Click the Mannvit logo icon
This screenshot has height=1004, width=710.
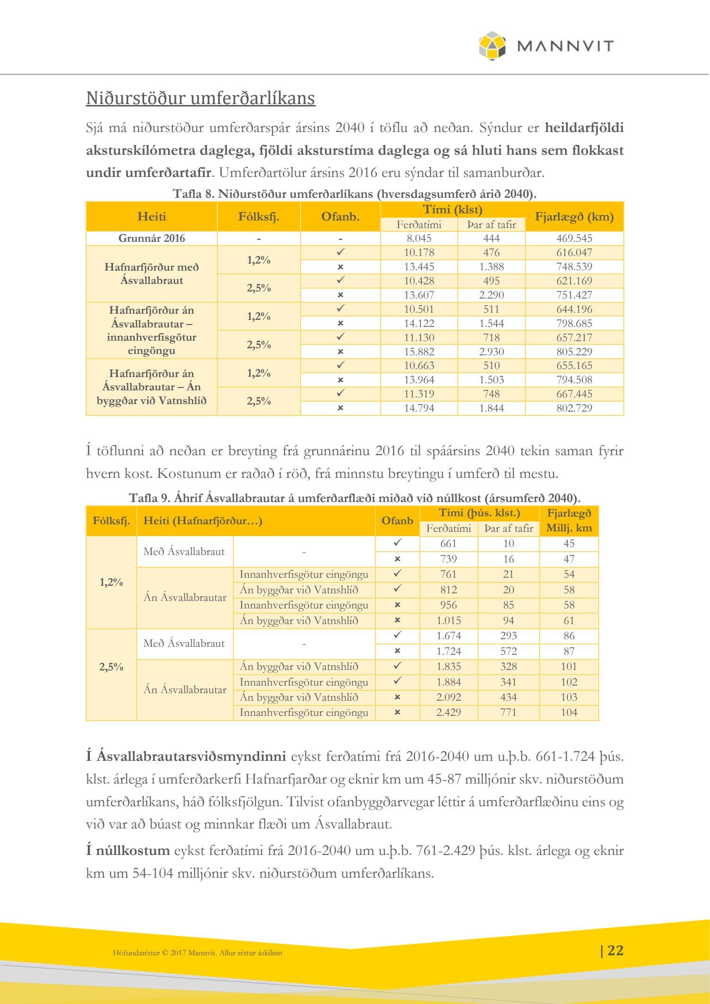pyautogui.click(x=492, y=46)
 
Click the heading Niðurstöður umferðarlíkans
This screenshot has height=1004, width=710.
pyautogui.click(x=200, y=98)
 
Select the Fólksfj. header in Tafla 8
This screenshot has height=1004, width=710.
pyautogui.click(x=258, y=217)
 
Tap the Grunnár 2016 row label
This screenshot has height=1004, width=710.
pyautogui.click(x=151, y=238)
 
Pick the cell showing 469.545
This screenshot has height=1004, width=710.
pyautogui.click(x=574, y=238)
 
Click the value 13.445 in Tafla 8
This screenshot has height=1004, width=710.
pyautogui.click(x=419, y=267)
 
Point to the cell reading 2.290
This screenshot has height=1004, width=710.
pyautogui.click(x=491, y=295)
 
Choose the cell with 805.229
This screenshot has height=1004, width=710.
pyautogui.click(x=574, y=352)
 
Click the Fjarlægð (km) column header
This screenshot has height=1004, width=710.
pyautogui.click(x=574, y=217)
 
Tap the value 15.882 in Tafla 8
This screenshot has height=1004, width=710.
pyautogui.click(x=419, y=352)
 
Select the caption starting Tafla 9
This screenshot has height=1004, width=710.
pyautogui.click(x=355, y=498)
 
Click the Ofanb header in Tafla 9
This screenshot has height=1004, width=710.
pyautogui.click(x=397, y=520)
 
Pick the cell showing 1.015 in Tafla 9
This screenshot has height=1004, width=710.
pyautogui.click(x=449, y=620)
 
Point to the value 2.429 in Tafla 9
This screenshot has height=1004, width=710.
pyautogui.click(x=449, y=713)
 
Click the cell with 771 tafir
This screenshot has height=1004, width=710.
pyautogui.click(x=508, y=713)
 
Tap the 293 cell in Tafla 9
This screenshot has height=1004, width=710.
pyautogui.click(x=508, y=636)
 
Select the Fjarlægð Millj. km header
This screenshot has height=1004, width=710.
pyautogui.click(x=569, y=520)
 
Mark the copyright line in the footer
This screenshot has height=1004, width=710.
pyautogui.click(x=197, y=953)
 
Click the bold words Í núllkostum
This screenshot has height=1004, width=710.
pyautogui.click(x=128, y=850)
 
